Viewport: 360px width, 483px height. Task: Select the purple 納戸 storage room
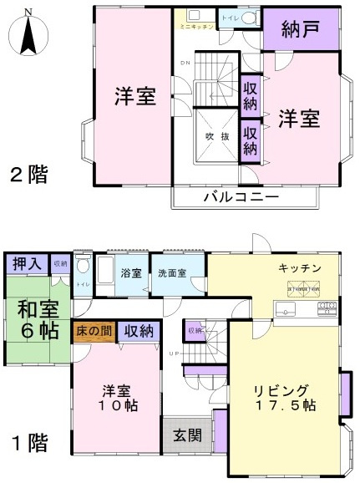point(300,30)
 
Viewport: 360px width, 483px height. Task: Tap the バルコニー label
point(246,197)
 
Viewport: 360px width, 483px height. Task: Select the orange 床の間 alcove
point(93,331)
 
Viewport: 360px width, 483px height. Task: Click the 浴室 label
point(130,273)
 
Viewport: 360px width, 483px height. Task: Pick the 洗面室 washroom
point(172,273)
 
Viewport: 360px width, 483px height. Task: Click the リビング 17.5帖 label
point(284,397)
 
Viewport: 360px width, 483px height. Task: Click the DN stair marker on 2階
point(187,64)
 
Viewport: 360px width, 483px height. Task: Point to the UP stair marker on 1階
point(173,353)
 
